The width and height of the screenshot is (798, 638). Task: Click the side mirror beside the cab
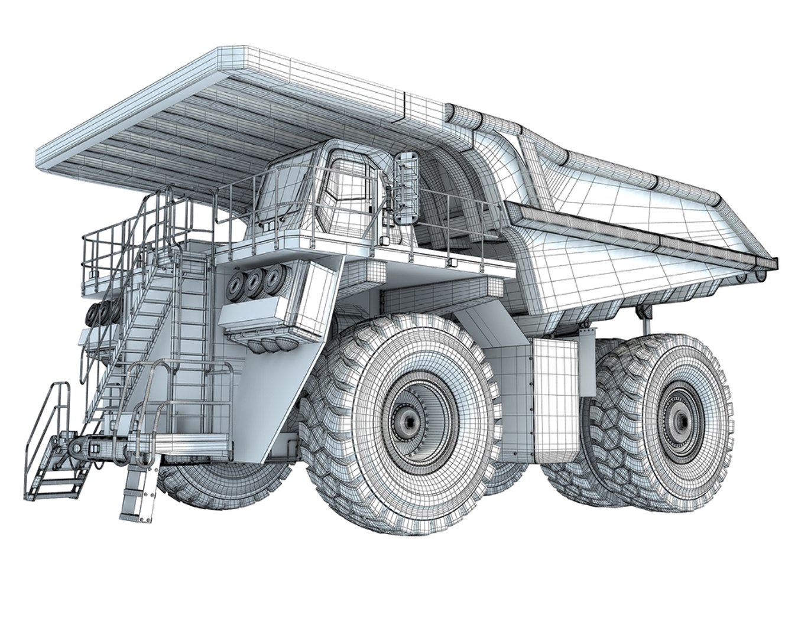406,187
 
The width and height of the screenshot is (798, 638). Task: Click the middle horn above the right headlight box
255,284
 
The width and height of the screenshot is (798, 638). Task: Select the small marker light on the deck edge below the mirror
450,262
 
